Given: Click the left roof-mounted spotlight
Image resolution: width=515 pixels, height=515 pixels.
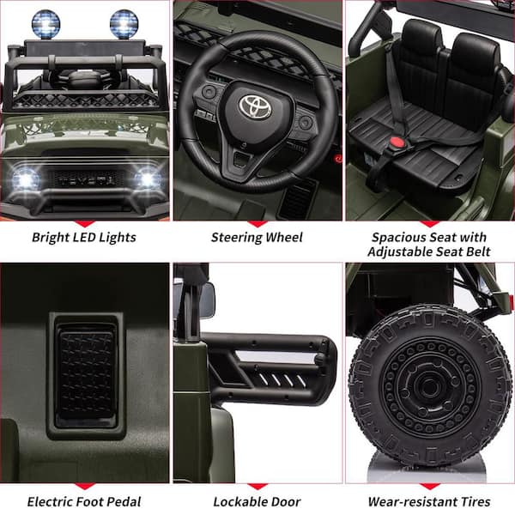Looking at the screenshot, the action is (x=46, y=24).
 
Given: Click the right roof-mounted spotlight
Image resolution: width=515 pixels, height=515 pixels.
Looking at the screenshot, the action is (x=124, y=24).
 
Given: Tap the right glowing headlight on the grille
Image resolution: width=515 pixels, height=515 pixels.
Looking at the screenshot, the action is (x=148, y=179).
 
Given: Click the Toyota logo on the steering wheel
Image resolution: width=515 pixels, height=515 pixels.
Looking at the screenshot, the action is (x=255, y=106).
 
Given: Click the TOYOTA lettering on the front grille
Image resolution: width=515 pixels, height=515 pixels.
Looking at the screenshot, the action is (x=87, y=180).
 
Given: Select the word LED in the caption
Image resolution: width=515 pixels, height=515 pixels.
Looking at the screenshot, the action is (x=84, y=237).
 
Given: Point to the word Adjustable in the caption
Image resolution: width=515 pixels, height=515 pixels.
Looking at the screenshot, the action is (x=400, y=251).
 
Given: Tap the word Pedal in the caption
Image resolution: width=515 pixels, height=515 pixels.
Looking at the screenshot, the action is (x=124, y=501).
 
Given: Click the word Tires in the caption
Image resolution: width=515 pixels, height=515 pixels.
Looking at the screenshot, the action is (x=476, y=501).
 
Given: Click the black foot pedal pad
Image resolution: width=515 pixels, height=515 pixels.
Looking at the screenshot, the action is (x=86, y=375).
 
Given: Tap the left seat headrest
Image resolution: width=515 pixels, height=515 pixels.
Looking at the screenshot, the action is (x=421, y=35).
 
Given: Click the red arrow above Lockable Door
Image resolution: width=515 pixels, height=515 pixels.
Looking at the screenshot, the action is (x=257, y=486).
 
